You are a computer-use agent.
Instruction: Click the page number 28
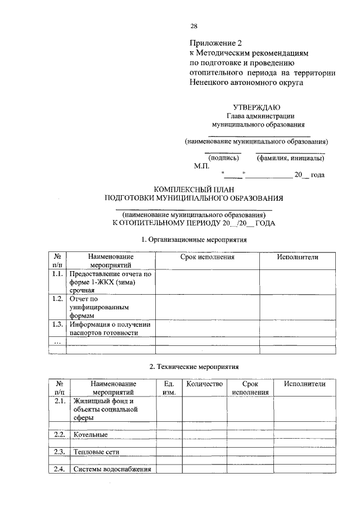coord(193,26)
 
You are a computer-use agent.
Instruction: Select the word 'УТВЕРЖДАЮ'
coord(256,107)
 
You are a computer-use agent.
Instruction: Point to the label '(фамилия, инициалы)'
coord(290,158)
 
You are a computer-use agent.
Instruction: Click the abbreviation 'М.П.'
coord(201,166)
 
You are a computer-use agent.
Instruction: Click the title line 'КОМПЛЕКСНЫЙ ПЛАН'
coord(193,189)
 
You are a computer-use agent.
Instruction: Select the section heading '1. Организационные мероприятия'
coord(194,239)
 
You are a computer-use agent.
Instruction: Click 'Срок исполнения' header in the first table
coord(207,257)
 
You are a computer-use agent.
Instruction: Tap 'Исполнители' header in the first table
coord(298,257)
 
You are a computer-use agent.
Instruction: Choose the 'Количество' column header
coord(204,384)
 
